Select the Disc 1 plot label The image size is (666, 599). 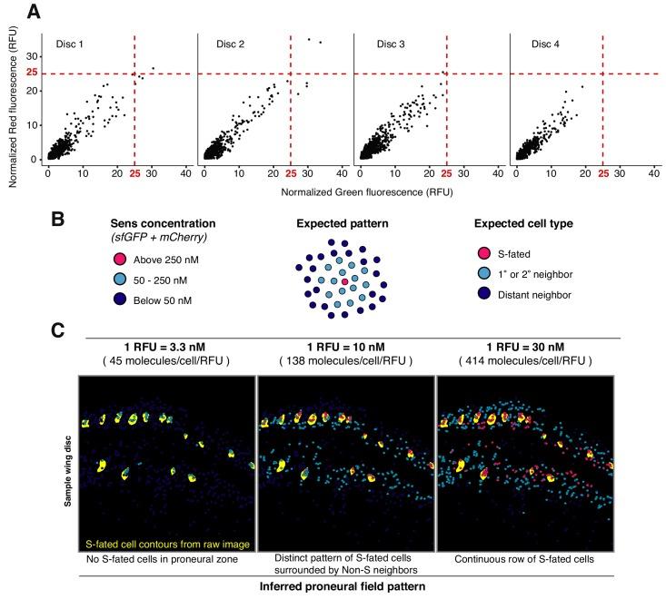[x=71, y=44]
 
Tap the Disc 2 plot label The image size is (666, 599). [x=231, y=44]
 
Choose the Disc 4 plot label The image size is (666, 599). [x=547, y=44]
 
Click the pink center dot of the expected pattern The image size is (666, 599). [x=344, y=282]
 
